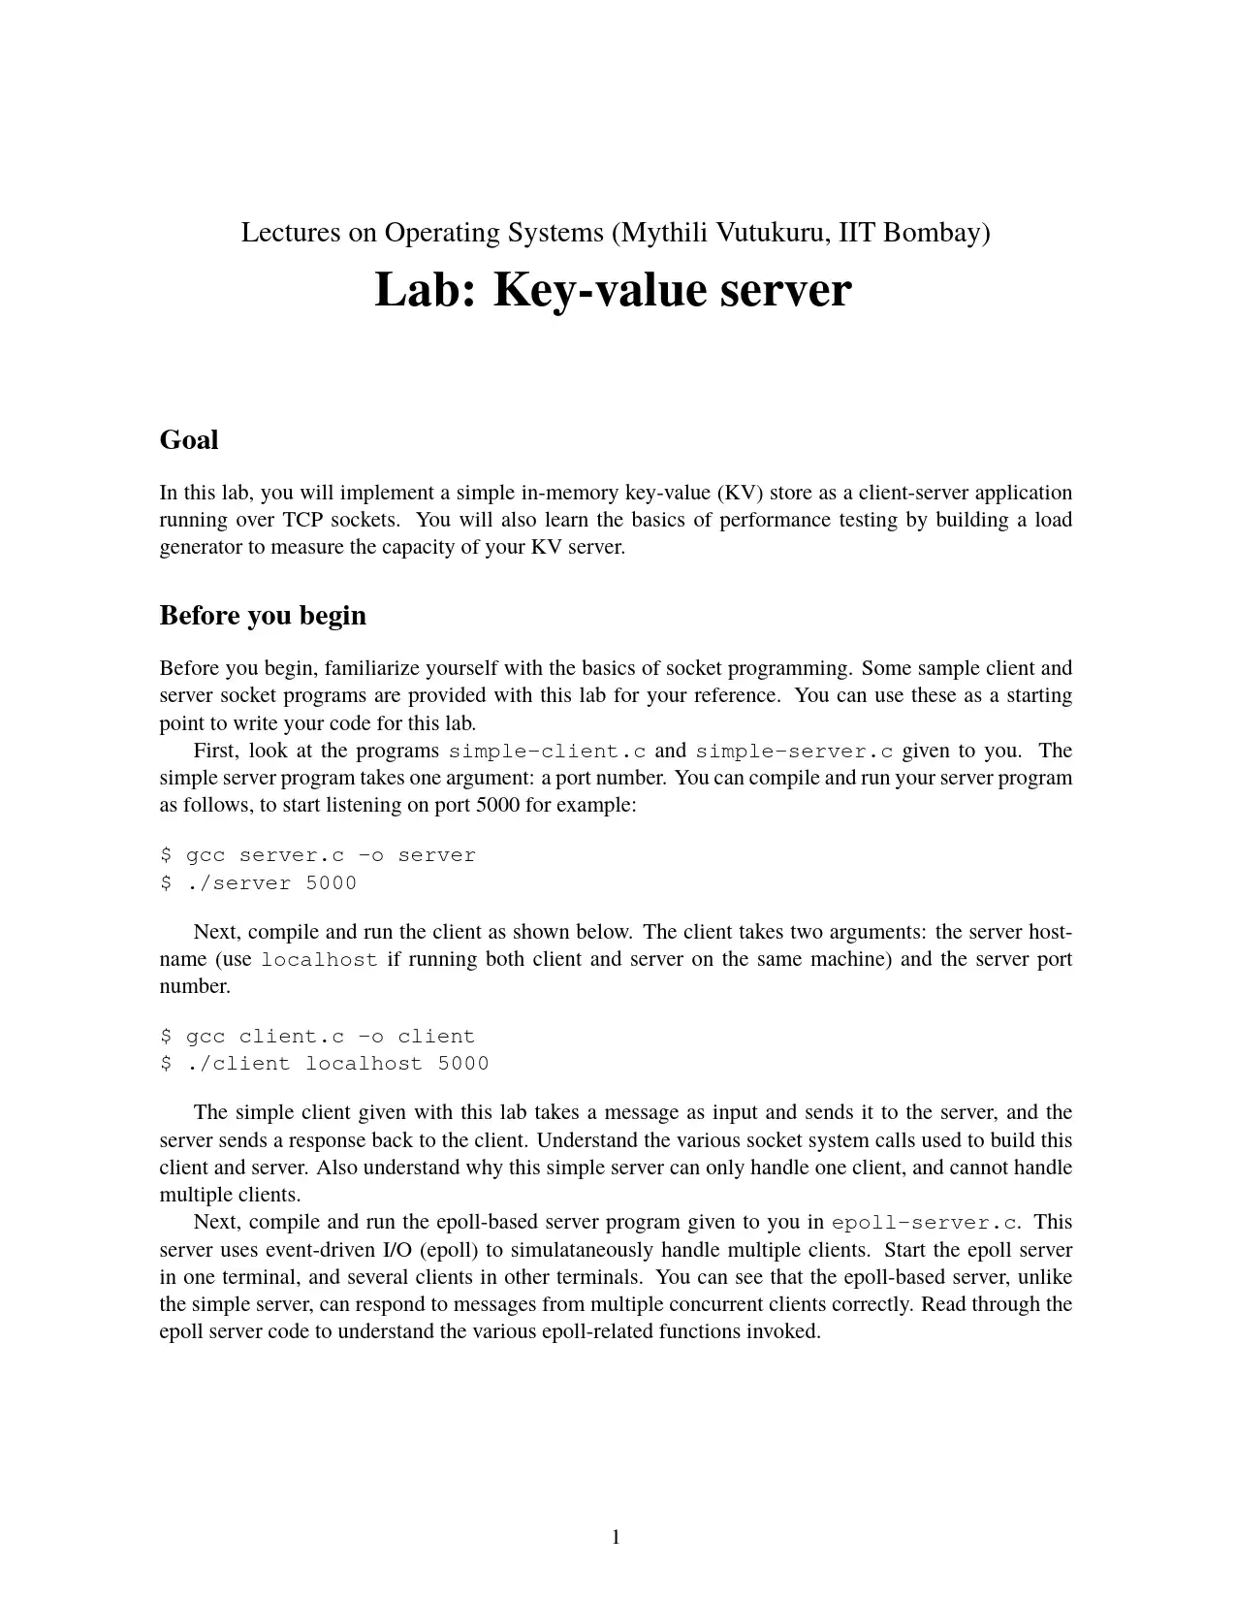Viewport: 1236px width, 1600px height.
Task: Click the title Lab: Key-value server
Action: pos(613,290)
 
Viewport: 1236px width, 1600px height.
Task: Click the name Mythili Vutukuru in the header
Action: pos(724,233)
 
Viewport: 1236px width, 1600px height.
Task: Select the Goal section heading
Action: pos(189,440)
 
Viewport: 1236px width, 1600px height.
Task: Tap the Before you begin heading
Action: pos(263,616)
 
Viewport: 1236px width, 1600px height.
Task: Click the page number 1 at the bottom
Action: pos(616,1537)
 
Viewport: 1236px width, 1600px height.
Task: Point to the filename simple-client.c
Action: pos(548,752)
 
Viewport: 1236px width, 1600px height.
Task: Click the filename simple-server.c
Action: pos(795,752)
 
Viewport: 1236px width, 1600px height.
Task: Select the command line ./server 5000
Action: pos(259,883)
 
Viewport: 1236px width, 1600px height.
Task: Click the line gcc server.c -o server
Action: pos(318,855)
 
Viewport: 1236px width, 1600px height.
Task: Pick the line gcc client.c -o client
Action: pos(318,1037)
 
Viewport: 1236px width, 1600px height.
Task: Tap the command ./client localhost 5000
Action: pos(325,1064)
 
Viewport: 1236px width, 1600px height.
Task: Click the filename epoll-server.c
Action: pos(926,1223)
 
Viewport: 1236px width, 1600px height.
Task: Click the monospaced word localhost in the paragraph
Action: pos(319,960)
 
